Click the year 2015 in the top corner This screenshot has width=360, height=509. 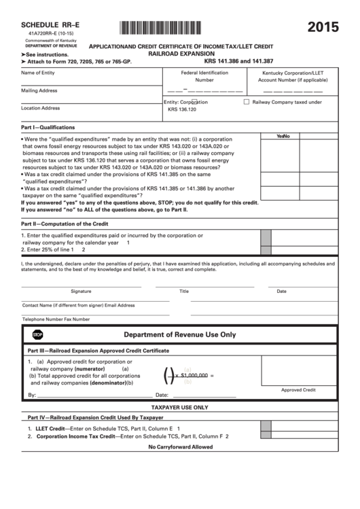click(x=324, y=28)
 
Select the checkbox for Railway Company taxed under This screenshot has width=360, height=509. click(x=247, y=102)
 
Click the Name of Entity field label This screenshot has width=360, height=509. click(x=38, y=72)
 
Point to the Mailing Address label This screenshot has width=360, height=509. click(x=39, y=90)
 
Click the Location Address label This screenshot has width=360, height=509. click(x=40, y=107)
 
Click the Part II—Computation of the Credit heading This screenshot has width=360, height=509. click(x=65, y=223)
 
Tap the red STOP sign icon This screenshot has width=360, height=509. click(x=38, y=335)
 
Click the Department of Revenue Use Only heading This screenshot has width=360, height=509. click(x=179, y=335)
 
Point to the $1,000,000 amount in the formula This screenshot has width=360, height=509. click(x=194, y=374)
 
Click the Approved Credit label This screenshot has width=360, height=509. click(x=299, y=390)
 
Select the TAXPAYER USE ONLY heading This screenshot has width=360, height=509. click(x=179, y=406)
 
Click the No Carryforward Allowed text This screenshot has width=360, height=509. click(x=180, y=447)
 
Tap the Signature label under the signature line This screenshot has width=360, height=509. click(x=81, y=291)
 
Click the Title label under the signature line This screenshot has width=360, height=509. click(x=183, y=291)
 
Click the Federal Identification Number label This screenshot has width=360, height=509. click(x=204, y=75)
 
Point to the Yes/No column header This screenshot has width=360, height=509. click(x=283, y=136)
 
